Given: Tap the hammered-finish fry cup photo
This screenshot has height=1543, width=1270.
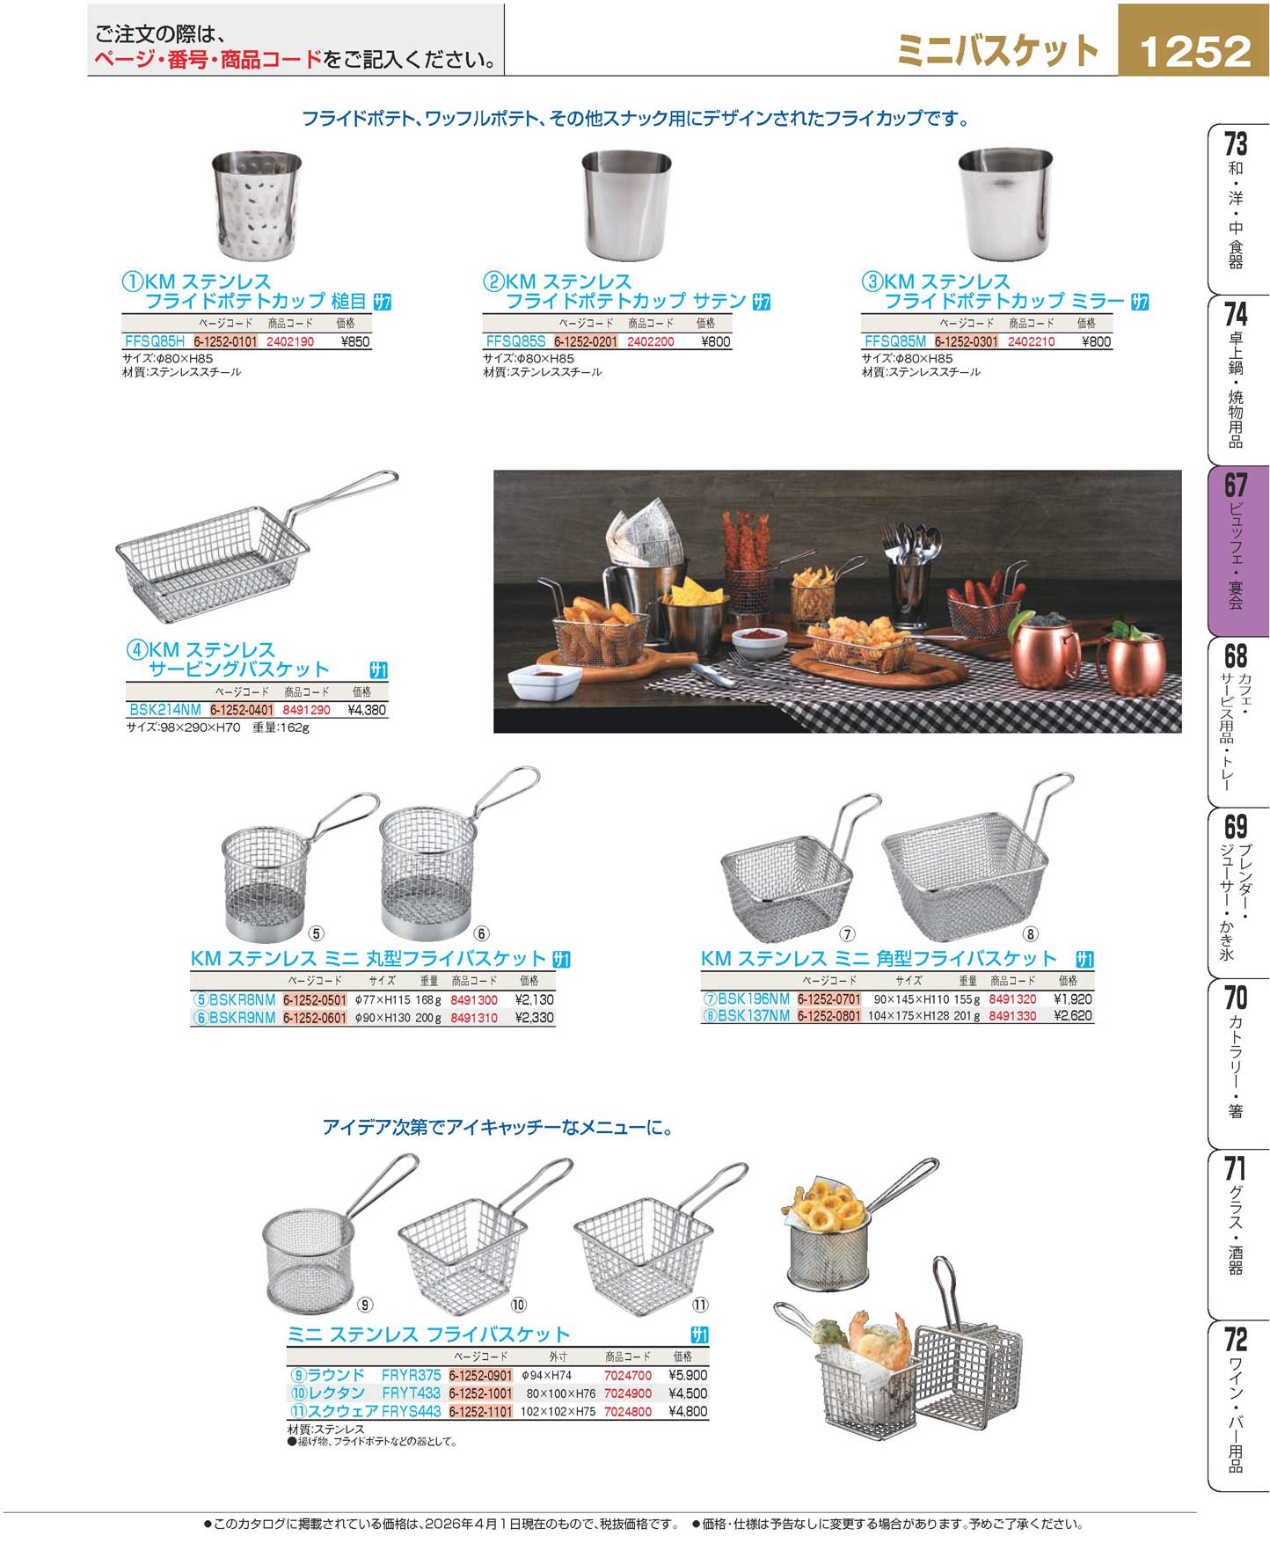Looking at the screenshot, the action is point(257,206).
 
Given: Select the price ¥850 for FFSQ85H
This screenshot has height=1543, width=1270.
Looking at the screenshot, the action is point(354,341).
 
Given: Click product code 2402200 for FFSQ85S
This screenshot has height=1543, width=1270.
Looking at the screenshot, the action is point(650,341).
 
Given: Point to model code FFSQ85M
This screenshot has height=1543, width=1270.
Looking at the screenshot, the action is point(895,341).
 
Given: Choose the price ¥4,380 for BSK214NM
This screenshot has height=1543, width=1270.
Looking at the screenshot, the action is point(367,710).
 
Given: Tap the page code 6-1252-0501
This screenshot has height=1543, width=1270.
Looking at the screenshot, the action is point(315,1000).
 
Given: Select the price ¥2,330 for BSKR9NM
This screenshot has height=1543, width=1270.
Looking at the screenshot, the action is point(534,1018).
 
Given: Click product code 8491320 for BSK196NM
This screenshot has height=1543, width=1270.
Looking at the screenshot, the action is point(1012,999).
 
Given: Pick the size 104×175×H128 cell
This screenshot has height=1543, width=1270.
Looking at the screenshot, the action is point(909,1016).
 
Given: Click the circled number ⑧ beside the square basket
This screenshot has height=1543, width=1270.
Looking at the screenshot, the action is point(1030,933).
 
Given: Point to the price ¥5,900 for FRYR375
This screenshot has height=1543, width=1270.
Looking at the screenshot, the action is point(688,1375).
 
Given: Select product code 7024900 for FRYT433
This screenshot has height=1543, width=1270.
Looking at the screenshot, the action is point(628,1393).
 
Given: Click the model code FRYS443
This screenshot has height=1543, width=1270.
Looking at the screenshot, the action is point(411,1411).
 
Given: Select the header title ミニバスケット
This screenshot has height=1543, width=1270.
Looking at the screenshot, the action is point(998,51).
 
